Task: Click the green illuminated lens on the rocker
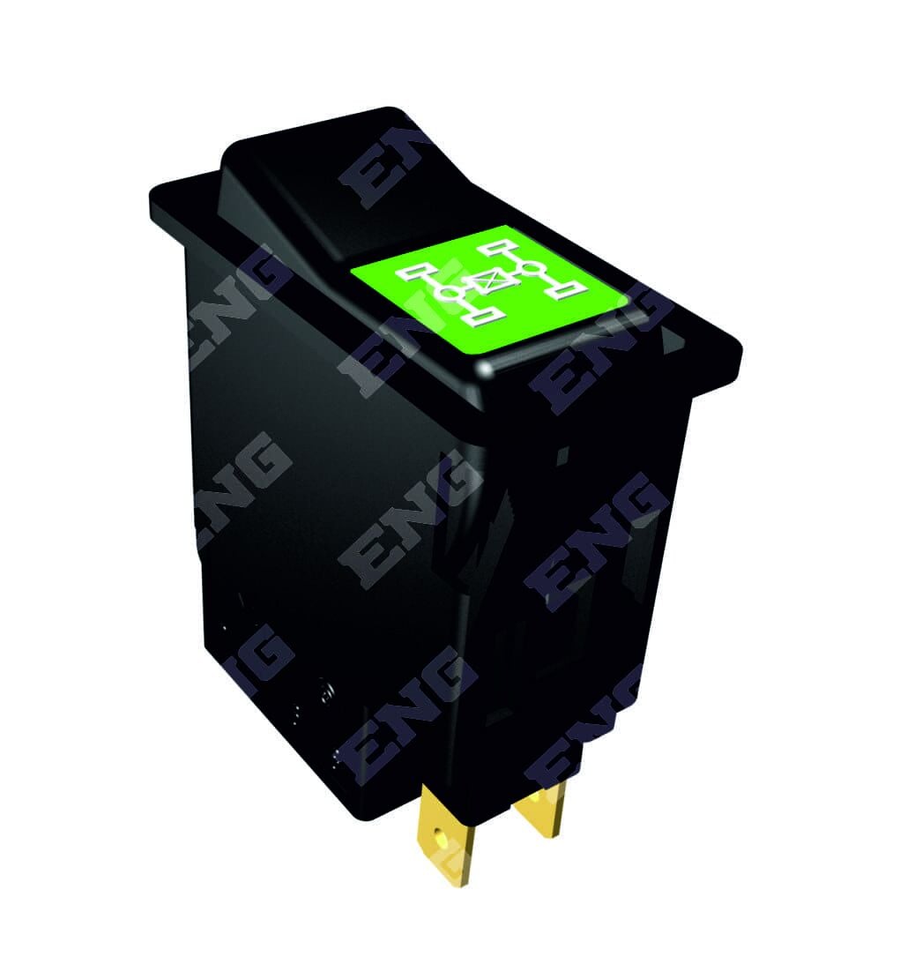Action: (488, 290)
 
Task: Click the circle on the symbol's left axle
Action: (450, 292)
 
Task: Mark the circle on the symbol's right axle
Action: (532, 270)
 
